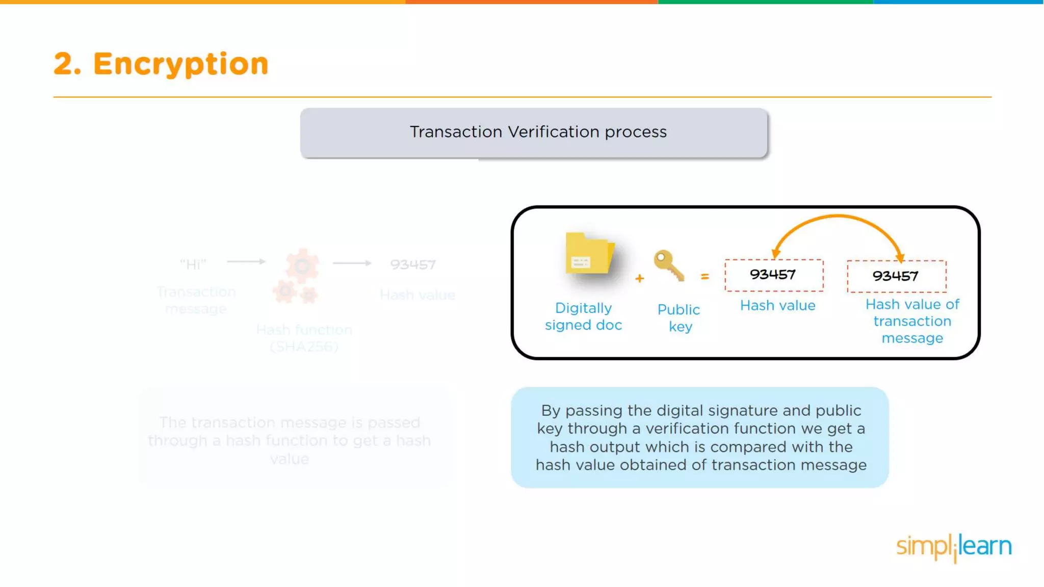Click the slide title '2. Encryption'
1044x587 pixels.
click(161, 64)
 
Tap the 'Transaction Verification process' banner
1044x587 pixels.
click(534, 132)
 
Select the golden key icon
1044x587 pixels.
click(668, 265)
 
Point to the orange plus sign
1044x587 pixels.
click(640, 278)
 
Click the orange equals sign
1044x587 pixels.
click(705, 277)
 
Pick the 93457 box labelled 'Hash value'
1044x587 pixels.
click(774, 275)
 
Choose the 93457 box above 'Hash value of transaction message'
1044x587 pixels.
click(896, 277)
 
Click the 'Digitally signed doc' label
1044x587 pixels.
click(583, 316)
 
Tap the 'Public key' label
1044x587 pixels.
click(679, 318)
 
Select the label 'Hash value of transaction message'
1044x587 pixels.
click(912, 321)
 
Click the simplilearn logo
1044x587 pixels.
click(954, 547)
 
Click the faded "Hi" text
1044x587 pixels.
click(193, 264)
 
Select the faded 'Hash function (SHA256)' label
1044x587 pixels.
click(304, 338)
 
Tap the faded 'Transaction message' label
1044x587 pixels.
click(196, 300)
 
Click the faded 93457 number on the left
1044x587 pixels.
click(413, 264)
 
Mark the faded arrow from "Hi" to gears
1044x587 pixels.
click(246, 261)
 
